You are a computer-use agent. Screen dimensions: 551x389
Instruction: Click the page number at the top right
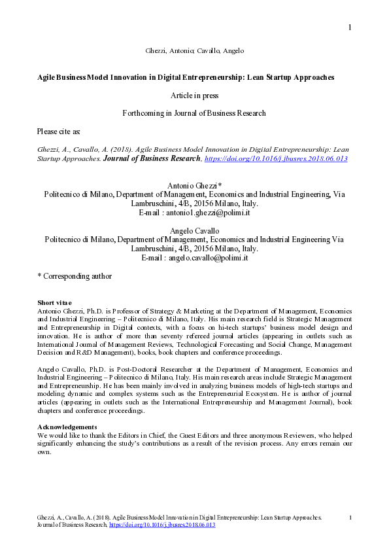coord(350,27)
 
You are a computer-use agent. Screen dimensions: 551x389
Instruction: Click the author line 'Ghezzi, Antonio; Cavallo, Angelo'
coord(194,50)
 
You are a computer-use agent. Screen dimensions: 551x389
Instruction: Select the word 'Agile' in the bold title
coord(47,77)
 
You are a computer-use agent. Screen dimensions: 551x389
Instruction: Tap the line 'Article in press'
coord(194,96)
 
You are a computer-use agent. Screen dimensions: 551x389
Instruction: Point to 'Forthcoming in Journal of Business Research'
coord(194,113)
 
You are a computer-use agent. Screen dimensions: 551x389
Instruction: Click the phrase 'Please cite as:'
coord(59,132)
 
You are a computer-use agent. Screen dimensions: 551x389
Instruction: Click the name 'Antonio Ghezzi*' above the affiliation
coord(194,186)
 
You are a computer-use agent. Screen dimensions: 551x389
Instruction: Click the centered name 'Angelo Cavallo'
coord(194,231)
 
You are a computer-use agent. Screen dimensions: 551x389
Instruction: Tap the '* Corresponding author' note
coord(75,276)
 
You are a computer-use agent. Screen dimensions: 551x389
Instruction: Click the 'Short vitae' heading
coord(54,302)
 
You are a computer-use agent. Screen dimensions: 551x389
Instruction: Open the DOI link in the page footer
coord(162,525)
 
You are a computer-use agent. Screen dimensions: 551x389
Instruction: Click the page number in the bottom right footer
coord(351,518)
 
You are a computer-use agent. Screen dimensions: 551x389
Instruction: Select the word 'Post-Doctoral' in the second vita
coord(136,371)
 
